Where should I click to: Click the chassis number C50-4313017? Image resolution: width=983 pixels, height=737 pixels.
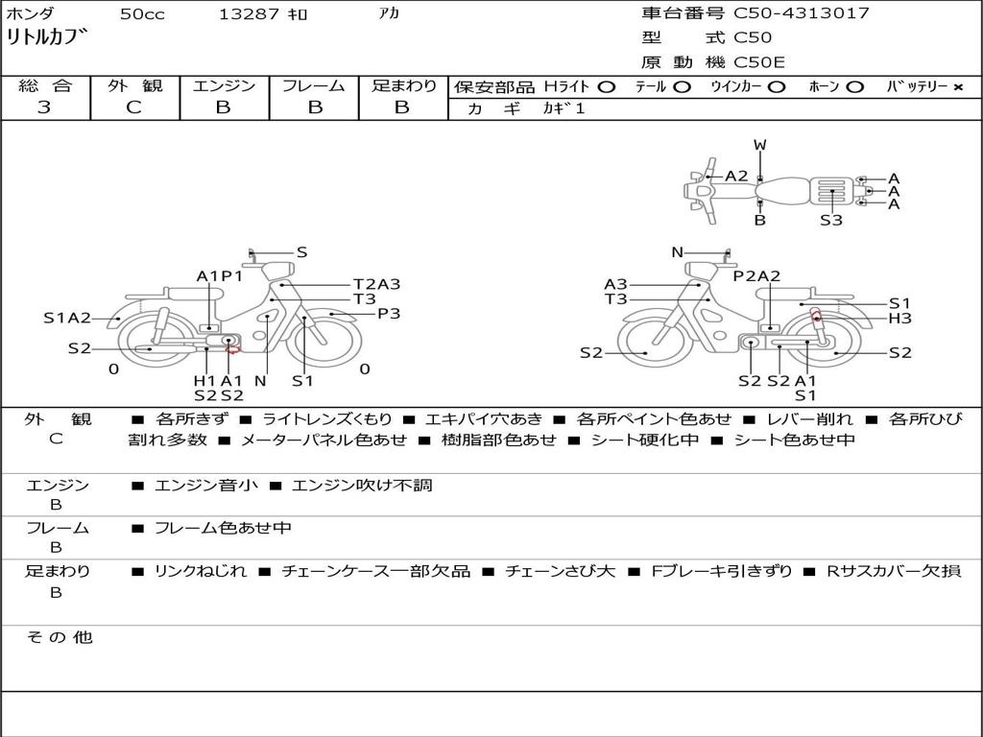coord(802,12)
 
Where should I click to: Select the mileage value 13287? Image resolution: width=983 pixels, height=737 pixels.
coord(249,13)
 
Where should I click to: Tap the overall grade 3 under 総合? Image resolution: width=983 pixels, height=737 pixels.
coord(44,107)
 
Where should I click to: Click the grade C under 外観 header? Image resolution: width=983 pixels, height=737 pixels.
coord(133,107)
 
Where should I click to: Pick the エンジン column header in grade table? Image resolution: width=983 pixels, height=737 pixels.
coord(224,85)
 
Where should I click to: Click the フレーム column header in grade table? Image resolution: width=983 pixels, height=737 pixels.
coord(314,85)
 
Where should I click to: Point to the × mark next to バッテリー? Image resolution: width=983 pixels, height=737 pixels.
coord(958,87)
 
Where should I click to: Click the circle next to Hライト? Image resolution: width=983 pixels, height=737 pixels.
coord(607,87)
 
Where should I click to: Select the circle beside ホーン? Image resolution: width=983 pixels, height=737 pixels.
coord(855,87)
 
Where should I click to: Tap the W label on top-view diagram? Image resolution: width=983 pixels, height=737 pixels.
coord(760,145)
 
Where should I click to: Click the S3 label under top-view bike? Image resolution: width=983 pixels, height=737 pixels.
coord(831,220)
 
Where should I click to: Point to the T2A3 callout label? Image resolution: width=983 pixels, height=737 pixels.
coord(376,284)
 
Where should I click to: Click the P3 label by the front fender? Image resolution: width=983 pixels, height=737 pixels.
coord(389,314)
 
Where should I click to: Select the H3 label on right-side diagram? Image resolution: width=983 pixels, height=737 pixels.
coord(900,319)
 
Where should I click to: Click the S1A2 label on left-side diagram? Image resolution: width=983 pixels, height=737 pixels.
coord(67,319)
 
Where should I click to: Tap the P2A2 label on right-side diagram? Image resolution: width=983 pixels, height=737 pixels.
coord(756,275)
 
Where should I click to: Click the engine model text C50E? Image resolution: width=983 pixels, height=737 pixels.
coord(759,62)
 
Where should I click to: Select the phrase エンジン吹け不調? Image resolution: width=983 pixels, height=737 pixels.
coord(362,485)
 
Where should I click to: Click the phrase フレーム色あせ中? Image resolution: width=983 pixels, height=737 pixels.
coord(223,528)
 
